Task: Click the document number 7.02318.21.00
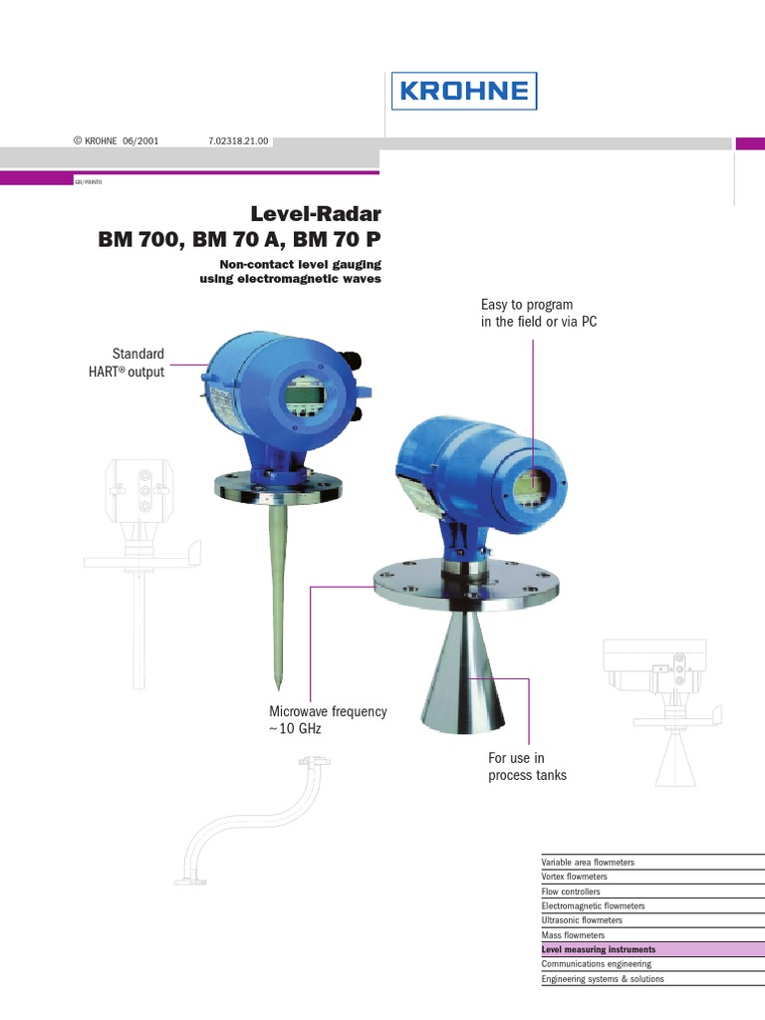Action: [239, 141]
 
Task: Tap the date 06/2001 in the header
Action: [140, 141]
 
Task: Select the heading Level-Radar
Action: [317, 213]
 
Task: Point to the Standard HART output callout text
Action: [139, 363]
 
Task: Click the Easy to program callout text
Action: [538, 313]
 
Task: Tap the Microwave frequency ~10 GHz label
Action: [328, 720]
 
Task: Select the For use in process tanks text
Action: [527, 767]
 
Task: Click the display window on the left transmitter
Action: [302, 395]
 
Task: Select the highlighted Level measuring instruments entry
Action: [599, 950]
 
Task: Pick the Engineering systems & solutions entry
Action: [603, 979]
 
